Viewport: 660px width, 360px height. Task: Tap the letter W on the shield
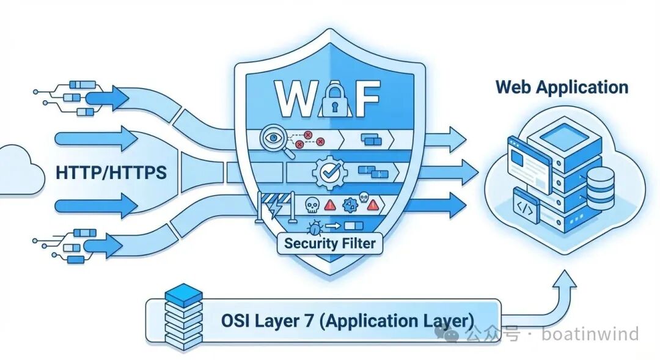(x=294, y=98)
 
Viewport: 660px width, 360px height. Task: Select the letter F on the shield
(x=365, y=98)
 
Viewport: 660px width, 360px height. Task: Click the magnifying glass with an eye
(x=271, y=138)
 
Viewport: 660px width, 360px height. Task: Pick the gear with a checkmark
(x=330, y=172)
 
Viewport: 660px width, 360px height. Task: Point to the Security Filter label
(x=329, y=243)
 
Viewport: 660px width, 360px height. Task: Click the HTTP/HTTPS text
(x=111, y=173)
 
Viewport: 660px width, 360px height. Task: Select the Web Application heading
(x=562, y=87)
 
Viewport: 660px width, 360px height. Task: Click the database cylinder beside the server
(x=599, y=183)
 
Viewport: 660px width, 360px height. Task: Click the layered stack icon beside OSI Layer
(x=184, y=318)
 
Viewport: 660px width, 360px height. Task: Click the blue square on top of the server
(x=559, y=133)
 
